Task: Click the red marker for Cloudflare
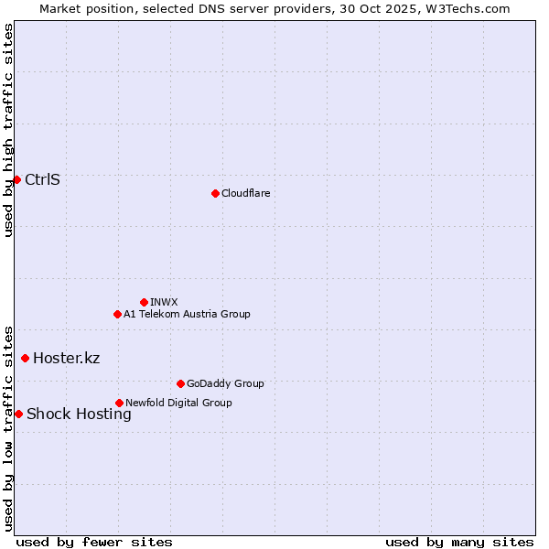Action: click(215, 193)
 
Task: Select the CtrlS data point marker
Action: click(16, 179)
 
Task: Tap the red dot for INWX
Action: click(144, 302)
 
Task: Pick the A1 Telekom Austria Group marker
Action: click(117, 314)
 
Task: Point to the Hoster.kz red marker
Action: click(25, 358)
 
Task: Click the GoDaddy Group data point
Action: click(180, 383)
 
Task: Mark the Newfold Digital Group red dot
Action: click(119, 403)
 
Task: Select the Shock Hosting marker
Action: click(18, 414)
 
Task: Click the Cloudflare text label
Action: click(245, 193)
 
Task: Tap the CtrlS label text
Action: click(42, 179)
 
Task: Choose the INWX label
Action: click(164, 302)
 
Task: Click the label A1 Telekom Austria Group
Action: click(187, 314)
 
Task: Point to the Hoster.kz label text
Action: click(66, 358)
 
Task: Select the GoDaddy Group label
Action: click(225, 383)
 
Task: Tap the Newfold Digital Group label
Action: click(178, 403)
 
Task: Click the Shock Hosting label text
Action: click(79, 414)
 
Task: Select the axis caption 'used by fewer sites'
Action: click(94, 542)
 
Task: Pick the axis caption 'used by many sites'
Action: click(459, 542)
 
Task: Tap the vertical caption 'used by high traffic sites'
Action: click(8, 130)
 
